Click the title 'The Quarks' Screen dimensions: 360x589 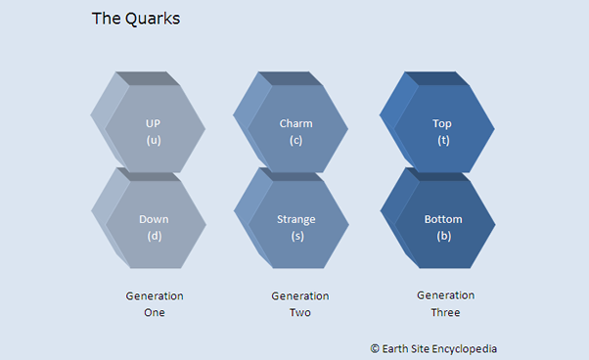(135, 19)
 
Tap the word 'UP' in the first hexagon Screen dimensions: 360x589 (154, 124)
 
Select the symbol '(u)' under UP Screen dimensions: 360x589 (154, 140)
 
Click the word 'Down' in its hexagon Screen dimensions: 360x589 (154, 219)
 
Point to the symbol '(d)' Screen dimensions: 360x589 (154, 236)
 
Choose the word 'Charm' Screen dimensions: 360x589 (295, 124)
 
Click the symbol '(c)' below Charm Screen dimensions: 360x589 (295, 140)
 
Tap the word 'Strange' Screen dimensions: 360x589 (295, 219)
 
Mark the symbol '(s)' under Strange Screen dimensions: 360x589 (295, 236)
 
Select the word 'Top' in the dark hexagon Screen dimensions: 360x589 (442, 124)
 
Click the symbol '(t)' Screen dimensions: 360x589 (442, 140)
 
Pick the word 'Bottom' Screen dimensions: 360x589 (443, 219)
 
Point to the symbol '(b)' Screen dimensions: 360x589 (443, 236)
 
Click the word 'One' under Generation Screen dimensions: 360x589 (155, 313)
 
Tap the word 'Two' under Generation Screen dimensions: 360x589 (299, 313)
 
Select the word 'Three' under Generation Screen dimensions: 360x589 (445, 313)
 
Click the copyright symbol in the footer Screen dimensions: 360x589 (375, 348)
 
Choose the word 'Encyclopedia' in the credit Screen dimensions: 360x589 (476, 348)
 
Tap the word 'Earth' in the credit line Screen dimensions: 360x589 (397, 348)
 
